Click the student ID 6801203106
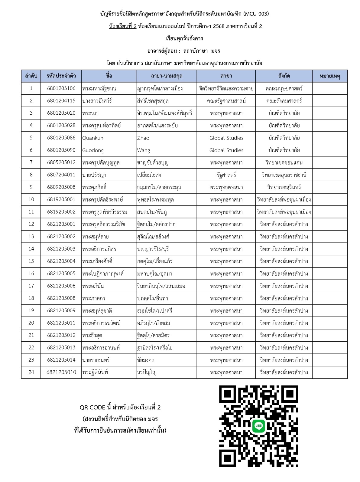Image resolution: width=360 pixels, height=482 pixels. pyautogui.click(x=61, y=88)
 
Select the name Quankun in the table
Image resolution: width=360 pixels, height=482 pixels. pyautogui.click(x=93, y=138)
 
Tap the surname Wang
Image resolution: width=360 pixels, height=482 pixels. pyautogui.click(x=143, y=150)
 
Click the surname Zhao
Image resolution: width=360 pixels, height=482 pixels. pyautogui.click(x=143, y=138)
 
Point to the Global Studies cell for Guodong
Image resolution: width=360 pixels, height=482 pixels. pyautogui.click(x=226, y=150)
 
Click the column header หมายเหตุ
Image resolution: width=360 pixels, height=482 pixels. pyautogui.click(x=329, y=76)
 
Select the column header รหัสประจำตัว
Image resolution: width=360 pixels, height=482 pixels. pyautogui.click(x=61, y=76)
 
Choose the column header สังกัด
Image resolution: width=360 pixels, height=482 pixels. pyautogui.click(x=284, y=76)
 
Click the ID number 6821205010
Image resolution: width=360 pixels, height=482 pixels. pyautogui.click(x=61, y=372)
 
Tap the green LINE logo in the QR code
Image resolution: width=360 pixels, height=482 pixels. pyautogui.click(x=258, y=426)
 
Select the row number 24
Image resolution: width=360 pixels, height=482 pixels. pyautogui.click(x=31, y=372)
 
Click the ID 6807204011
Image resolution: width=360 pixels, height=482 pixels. pyautogui.click(x=61, y=175)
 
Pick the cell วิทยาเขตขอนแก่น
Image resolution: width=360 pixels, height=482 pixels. pyautogui.click(x=284, y=162)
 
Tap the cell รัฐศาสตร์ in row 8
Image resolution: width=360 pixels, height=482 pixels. pyautogui.click(x=226, y=175)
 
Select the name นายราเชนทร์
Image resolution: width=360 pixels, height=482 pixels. pyautogui.click(x=96, y=360)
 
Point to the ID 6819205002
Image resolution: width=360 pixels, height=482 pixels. pyautogui.click(x=61, y=212)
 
